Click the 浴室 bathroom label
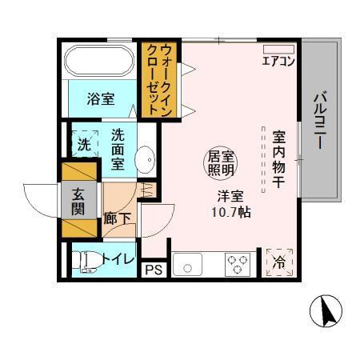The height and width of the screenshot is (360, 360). [x=100, y=100]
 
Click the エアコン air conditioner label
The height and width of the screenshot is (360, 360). [x=278, y=61]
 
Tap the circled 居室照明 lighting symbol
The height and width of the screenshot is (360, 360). [x=220, y=162]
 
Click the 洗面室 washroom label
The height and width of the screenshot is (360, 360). [x=117, y=150]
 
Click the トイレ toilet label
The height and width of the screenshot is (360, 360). [x=116, y=258]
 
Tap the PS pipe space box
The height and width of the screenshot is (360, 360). [x=154, y=270]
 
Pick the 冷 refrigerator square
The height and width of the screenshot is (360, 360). [x=279, y=261]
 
